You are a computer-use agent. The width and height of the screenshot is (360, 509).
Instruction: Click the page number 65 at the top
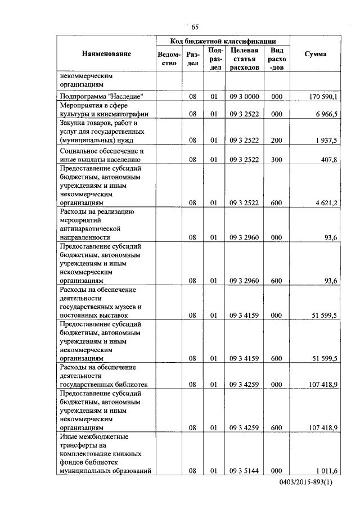tap(195, 27)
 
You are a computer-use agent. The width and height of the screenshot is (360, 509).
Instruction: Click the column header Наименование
tap(106, 54)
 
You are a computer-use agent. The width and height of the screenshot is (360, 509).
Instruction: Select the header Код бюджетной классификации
tap(223, 41)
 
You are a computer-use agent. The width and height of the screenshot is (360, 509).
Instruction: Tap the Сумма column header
tap(315, 54)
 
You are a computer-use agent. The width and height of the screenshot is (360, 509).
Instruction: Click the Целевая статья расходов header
tap(244, 58)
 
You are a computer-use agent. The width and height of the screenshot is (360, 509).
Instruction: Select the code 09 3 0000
tap(244, 97)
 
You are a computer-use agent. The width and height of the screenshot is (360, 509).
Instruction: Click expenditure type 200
tap(276, 139)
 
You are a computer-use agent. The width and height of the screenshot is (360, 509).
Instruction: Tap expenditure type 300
tap(276, 159)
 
